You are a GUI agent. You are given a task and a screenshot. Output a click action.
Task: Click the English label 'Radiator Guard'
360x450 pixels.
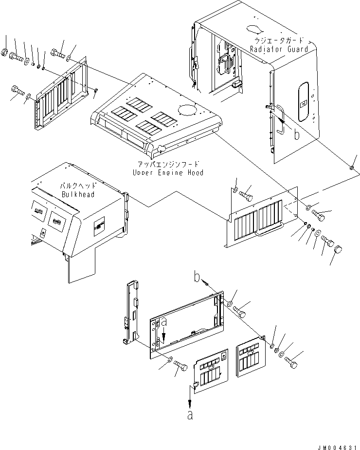(279, 49)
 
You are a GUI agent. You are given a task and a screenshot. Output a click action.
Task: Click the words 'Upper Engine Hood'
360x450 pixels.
(168, 172)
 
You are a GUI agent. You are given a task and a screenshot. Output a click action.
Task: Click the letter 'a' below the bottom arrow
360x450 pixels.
(190, 415)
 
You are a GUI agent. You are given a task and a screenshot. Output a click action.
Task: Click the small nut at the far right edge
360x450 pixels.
(351, 168)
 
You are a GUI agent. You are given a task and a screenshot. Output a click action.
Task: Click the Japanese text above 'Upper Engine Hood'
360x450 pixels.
(168, 165)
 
